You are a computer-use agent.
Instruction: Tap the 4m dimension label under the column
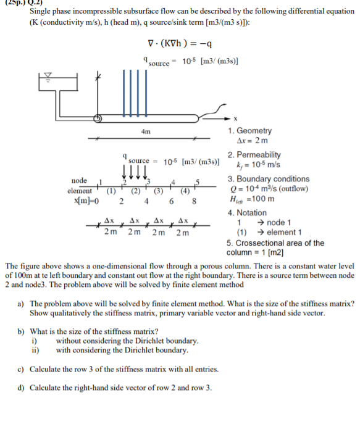pyautogui.click(x=146, y=131)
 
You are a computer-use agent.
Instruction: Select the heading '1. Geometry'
pyautogui.click(x=249, y=131)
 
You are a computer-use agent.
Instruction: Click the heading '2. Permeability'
pyautogui.click(x=254, y=154)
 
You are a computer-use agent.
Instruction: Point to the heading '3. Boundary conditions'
pyautogui.click(x=268, y=179)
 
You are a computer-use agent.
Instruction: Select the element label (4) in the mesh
pyautogui.click(x=183, y=191)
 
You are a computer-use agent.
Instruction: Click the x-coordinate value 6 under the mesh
pyautogui.click(x=171, y=201)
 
